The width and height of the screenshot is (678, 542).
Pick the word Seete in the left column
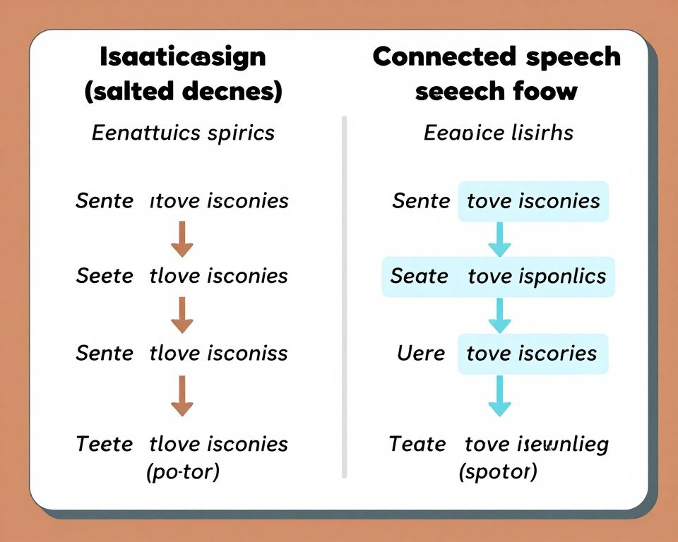point(105,276)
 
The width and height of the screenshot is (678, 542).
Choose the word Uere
point(421,353)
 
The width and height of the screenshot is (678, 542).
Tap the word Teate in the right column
point(417,444)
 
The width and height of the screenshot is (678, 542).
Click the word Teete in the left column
point(104,444)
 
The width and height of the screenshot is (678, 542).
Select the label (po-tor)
point(182,471)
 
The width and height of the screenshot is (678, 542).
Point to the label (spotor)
point(497,471)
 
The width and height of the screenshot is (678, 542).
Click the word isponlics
point(563,277)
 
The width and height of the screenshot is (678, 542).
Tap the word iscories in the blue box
point(562,353)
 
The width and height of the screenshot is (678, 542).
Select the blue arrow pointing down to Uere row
point(499,315)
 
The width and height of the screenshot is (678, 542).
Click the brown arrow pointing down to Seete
point(182,239)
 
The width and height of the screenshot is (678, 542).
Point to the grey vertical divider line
point(345,296)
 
